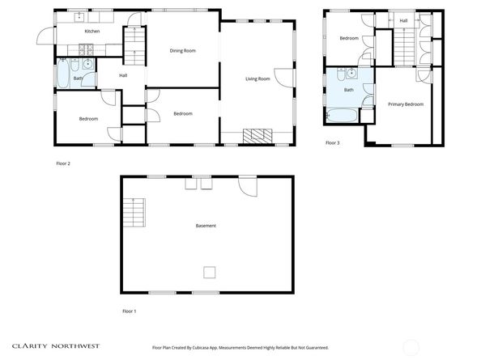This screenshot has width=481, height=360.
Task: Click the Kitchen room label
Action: pyautogui.click(x=92, y=32)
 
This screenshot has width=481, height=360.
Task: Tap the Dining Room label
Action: pyautogui.click(x=182, y=50)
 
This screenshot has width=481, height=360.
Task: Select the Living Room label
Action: pyautogui.click(x=258, y=78)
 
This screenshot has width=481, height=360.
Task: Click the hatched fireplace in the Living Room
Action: pyautogui.click(x=258, y=136)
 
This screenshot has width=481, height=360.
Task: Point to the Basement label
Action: pyautogui.click(x=206, y=226)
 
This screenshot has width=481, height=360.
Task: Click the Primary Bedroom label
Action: pyautogui.click(x=406, y=104)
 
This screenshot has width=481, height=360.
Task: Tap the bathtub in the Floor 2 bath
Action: pyautogui.click(x=63, y=74)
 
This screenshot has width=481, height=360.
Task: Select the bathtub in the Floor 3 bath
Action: pyautogui.click(x=342, y=116)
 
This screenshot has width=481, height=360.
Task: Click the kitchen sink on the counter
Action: pyautogui.click(x=79, y=17)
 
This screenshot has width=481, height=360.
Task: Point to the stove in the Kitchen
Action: pyautogui.click(x=86, y=50)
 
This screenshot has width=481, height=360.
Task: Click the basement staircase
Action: pyautogui.click(x=134, y=212)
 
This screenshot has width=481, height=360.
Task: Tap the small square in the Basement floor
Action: pyautogui.click(x=210, y=273)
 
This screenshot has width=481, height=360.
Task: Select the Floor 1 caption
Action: pyautogui.click(x=129, y=311)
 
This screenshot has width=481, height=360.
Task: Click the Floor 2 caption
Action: pyautogui.click(x=63, y=163)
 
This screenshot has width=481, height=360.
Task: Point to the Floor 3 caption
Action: pyautogui.click(x=333, y=142)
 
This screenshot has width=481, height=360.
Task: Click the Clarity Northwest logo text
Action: pyautogui.click(x=56, y=346)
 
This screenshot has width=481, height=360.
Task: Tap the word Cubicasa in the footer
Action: pyautogui.click(x=201, y=348)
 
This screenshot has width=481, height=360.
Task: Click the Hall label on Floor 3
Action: pyautogui.click(x=403, y=20)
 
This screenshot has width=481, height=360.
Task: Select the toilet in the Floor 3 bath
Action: pyautogui.click(x=341, y=74)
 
